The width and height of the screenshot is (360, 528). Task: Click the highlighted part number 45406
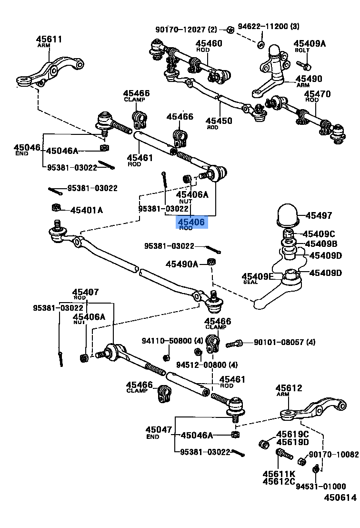coord(191,222)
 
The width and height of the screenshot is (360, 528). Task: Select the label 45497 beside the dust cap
coord(319,215)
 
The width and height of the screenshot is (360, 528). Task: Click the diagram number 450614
coord(340,511)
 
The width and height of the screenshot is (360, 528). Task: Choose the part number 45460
coord(209,43)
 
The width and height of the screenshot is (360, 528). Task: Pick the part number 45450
coord(219,121)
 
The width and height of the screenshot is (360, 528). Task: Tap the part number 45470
coord(318,94)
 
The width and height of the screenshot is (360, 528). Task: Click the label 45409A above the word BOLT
coord(310,44)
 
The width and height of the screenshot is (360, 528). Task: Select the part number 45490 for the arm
coord(309,79)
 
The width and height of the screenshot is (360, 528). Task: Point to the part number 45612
coord(289,388)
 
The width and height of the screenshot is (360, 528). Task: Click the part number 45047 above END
coord(159,430)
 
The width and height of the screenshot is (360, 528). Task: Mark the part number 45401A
coord(87,210)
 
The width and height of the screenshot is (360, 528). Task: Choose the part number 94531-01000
coord(320,486)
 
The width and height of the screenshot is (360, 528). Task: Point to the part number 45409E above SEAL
coord(258,276)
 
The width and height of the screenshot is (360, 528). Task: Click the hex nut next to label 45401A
coord(56,207)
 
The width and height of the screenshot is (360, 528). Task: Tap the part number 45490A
coord(181,264)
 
